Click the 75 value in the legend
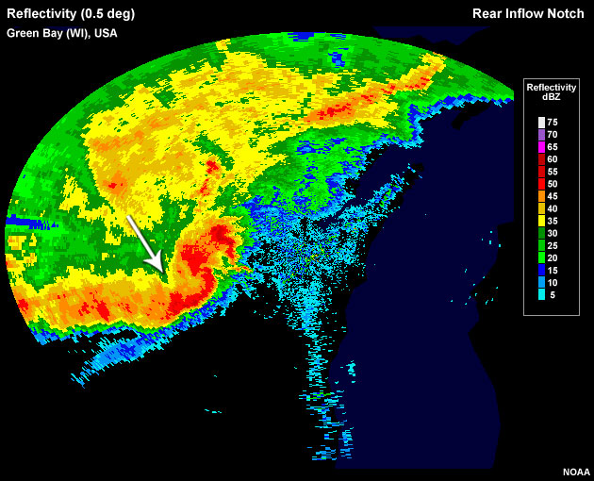click(x=553, y=122)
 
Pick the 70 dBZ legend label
click(x=553, y=135)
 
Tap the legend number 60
click(x=553, y=161)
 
